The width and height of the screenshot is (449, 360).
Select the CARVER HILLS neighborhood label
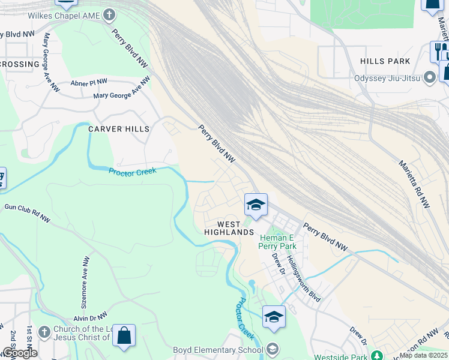click(118, 129)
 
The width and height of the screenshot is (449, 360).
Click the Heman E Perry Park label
click(277, 242)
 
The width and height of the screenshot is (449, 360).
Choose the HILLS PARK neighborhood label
click(385, 61)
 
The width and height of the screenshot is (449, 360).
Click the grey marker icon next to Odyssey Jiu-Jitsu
click(429, 77)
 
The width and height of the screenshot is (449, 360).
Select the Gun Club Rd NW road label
click(27, 213)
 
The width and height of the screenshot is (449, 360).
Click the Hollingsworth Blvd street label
click(304, 278)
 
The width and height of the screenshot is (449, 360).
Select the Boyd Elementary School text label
click(218, 350)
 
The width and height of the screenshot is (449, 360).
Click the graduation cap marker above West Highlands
click(255, 205)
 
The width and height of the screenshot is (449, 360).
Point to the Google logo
click(20, 352)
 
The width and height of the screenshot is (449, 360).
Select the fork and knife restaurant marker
click(438, 50)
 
